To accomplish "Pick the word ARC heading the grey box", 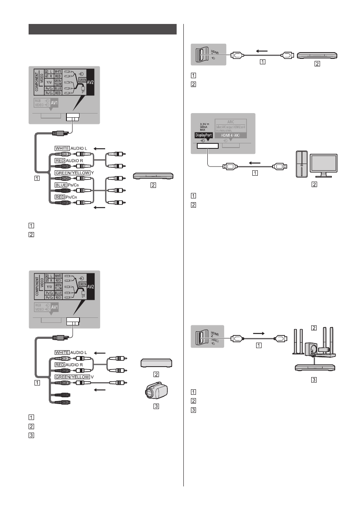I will pyautogui.click(x=234, y=121).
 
